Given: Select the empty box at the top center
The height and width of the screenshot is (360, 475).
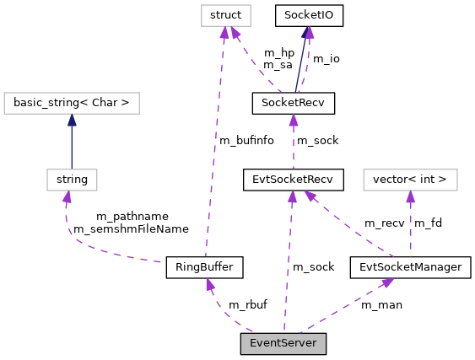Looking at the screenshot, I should (x=225, y=16).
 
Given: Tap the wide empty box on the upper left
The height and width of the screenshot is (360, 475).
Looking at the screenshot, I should (x=71, y=103).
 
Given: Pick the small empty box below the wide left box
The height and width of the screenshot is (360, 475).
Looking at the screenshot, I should (x=72, y=180).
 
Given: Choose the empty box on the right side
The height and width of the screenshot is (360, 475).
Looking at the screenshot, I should (x=410, y=180).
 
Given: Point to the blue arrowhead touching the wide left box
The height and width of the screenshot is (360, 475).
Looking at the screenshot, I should (x=72, y=120).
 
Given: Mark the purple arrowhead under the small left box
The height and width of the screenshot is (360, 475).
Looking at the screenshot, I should (x=67, y=197).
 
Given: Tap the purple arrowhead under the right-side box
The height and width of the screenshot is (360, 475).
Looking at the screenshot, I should (x=410, y=197).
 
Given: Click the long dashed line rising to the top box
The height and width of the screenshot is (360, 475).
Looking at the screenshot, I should (x=214, y=143).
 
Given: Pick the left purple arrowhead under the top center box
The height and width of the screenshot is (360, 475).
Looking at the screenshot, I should (x=224, y=33).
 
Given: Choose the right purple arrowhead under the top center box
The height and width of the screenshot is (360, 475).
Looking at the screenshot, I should (x=236, y=34).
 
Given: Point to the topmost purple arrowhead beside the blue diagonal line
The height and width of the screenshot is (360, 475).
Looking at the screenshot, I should (x=309, y=33).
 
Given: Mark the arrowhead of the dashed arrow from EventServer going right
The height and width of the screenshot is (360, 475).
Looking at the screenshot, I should (x=387, y=282).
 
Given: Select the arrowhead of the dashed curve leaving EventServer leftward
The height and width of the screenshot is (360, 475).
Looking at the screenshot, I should (x=210, y=285).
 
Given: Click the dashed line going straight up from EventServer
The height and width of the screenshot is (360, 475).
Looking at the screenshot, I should (x=288, y=261).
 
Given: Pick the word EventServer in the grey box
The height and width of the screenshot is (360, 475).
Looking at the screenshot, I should (x=283, y=343).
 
